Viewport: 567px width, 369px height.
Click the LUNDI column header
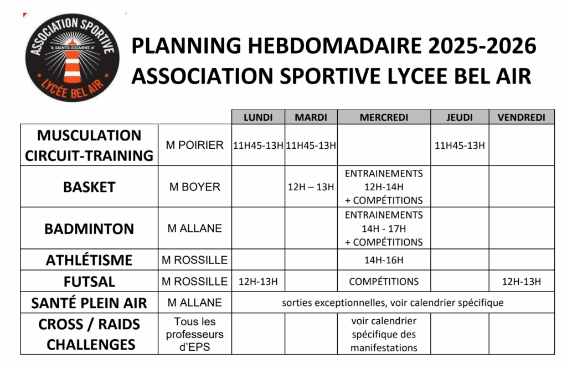[x=258, y=117]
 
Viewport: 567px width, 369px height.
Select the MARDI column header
[x=311, y=117]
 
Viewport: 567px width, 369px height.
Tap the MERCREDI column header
[x=384, y=117]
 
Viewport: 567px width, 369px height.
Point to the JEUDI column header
[x=460, y=117]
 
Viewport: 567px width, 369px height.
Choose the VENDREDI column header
[x=521, y=117]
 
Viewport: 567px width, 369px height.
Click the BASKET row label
[x=89, y=187]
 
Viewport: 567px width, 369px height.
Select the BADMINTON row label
[x=89, y=228]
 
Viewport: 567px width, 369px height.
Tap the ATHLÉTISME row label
[x=89, y=260]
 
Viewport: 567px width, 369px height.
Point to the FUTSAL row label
[x=89, y=281]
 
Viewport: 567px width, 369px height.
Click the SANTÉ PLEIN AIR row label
[x=89, y=303]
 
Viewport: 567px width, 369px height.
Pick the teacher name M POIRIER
[x=194, y=145]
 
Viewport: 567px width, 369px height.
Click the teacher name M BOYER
[x=194, y=187]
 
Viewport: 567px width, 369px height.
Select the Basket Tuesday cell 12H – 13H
[x=311, y=187]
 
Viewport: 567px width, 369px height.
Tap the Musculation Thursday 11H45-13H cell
[x=460, y=145]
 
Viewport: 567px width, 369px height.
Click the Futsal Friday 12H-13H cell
[x=521, y=281]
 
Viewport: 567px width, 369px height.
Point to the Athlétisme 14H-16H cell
[x=384, y=260]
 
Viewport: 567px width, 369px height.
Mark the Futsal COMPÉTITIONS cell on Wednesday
[x=384, y=281]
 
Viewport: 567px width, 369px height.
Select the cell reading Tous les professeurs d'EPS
[x=194, y=334]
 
